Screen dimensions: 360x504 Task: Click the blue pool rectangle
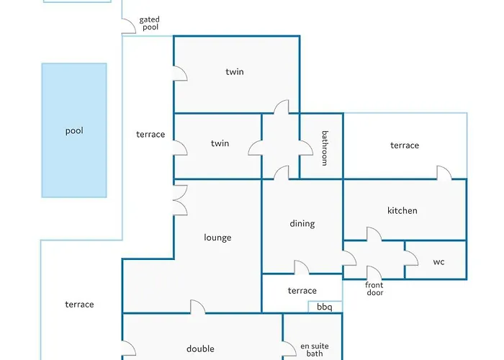point(74,130)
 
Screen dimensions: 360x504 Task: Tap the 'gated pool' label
point(150,24)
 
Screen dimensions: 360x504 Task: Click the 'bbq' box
point(325,307)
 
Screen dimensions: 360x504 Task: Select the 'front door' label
point(374,288)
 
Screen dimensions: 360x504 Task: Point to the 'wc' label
point(438,261)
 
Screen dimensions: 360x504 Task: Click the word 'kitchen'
point(402,210)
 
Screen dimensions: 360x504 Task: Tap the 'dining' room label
point(302,223)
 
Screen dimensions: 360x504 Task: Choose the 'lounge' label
point(217,237)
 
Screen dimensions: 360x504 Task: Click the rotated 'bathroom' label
point(325,148)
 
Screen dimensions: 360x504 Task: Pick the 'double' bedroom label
point(200,348)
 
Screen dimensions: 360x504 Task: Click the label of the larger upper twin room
point(235,71)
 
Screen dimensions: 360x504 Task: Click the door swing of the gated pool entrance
point(129,26)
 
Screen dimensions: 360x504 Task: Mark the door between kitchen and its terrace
point(444,173)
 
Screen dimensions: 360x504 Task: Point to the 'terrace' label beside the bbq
point(302,291)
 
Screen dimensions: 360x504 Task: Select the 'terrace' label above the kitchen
point(405,145)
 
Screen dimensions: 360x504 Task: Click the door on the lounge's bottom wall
point(197,307)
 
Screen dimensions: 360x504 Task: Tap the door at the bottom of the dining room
point(302,268)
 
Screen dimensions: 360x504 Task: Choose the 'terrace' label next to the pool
point(150,134)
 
